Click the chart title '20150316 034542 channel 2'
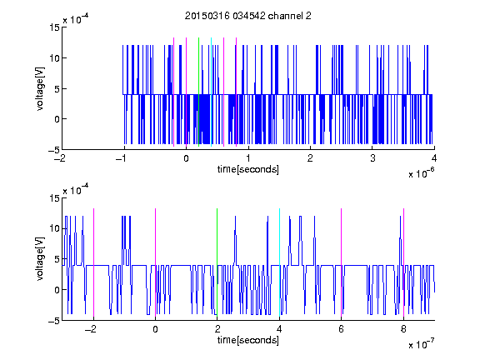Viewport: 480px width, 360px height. pos(248,16)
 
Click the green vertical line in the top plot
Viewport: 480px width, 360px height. pos(198,92)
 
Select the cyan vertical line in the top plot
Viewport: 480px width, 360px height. pos(211,92)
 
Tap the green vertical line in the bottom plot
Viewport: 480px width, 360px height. pos(217,262)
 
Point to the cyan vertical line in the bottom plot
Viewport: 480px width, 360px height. pos(279,262)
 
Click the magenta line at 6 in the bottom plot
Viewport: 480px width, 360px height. pos(342,262)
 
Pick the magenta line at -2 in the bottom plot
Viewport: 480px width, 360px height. pos(93,262)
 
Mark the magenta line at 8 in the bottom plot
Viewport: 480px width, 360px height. pos(404,262)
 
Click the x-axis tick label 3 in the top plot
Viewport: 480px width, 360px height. pos(372,158)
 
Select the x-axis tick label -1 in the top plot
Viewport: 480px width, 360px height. pos(122,158)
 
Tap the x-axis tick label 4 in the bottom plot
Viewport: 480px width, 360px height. pos(279,329)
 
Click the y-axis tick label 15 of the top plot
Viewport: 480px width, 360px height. pos(54,27)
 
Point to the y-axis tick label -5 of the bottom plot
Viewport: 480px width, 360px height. pos(54,321)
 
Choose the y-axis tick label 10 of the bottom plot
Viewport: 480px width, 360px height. pos(54,228)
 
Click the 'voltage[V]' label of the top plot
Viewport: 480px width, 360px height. pos(40,89)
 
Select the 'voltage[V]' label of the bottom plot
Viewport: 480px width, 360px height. pos(40,259)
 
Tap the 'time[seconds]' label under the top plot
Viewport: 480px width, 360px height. pos(248,169)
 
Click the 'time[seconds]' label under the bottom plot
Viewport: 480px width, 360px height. pos(248,340)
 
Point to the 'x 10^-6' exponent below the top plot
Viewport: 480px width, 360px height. pos(421,172)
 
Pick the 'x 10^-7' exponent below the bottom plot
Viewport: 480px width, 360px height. pos(421,343)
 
